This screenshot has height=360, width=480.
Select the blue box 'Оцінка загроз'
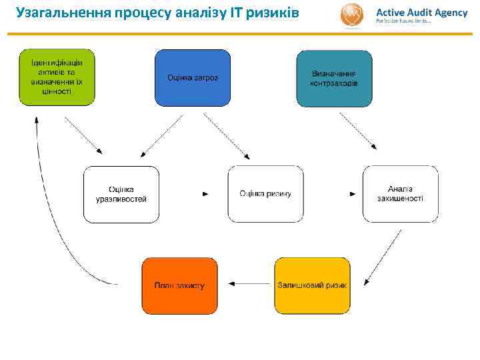tap(193, 77)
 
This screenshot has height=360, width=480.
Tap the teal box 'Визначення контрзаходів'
tap(334, 78)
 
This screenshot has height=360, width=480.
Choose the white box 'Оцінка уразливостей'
tap(121, 194)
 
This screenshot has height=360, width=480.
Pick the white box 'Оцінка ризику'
tap(265, 194)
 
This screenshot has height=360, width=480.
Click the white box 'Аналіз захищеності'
tap(400, 194)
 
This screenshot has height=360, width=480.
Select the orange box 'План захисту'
tap(179, 285)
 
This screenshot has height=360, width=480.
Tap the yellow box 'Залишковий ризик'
tap(312, 285)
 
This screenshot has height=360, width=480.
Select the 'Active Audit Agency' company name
tap(421, 12)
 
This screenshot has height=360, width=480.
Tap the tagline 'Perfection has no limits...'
tap(404, 22)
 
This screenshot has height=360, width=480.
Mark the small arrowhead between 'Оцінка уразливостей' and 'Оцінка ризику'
tap(205, 194)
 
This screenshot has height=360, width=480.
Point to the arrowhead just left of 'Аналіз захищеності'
tap(353, 194)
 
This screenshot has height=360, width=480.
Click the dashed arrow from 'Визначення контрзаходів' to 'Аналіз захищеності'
tap(357, 131)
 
